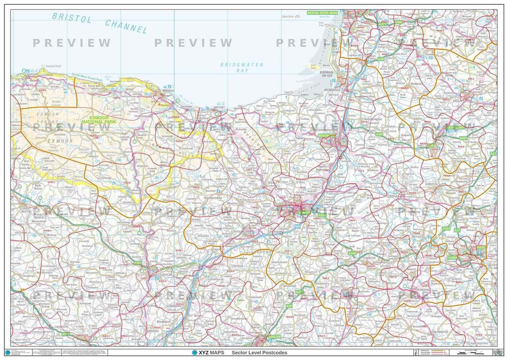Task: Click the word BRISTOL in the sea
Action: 72,19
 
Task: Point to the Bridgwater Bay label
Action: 242,68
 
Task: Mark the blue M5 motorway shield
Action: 297,226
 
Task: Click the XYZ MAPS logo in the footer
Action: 200,353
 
